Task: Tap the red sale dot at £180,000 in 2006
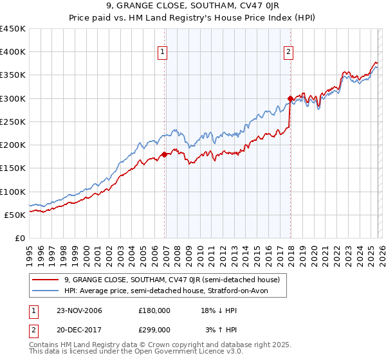(x=165, y=154)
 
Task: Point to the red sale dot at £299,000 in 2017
(x=290, y=99)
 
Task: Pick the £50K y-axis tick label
(x=15, y=215)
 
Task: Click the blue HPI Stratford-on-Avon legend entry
(x=170, y=291)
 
